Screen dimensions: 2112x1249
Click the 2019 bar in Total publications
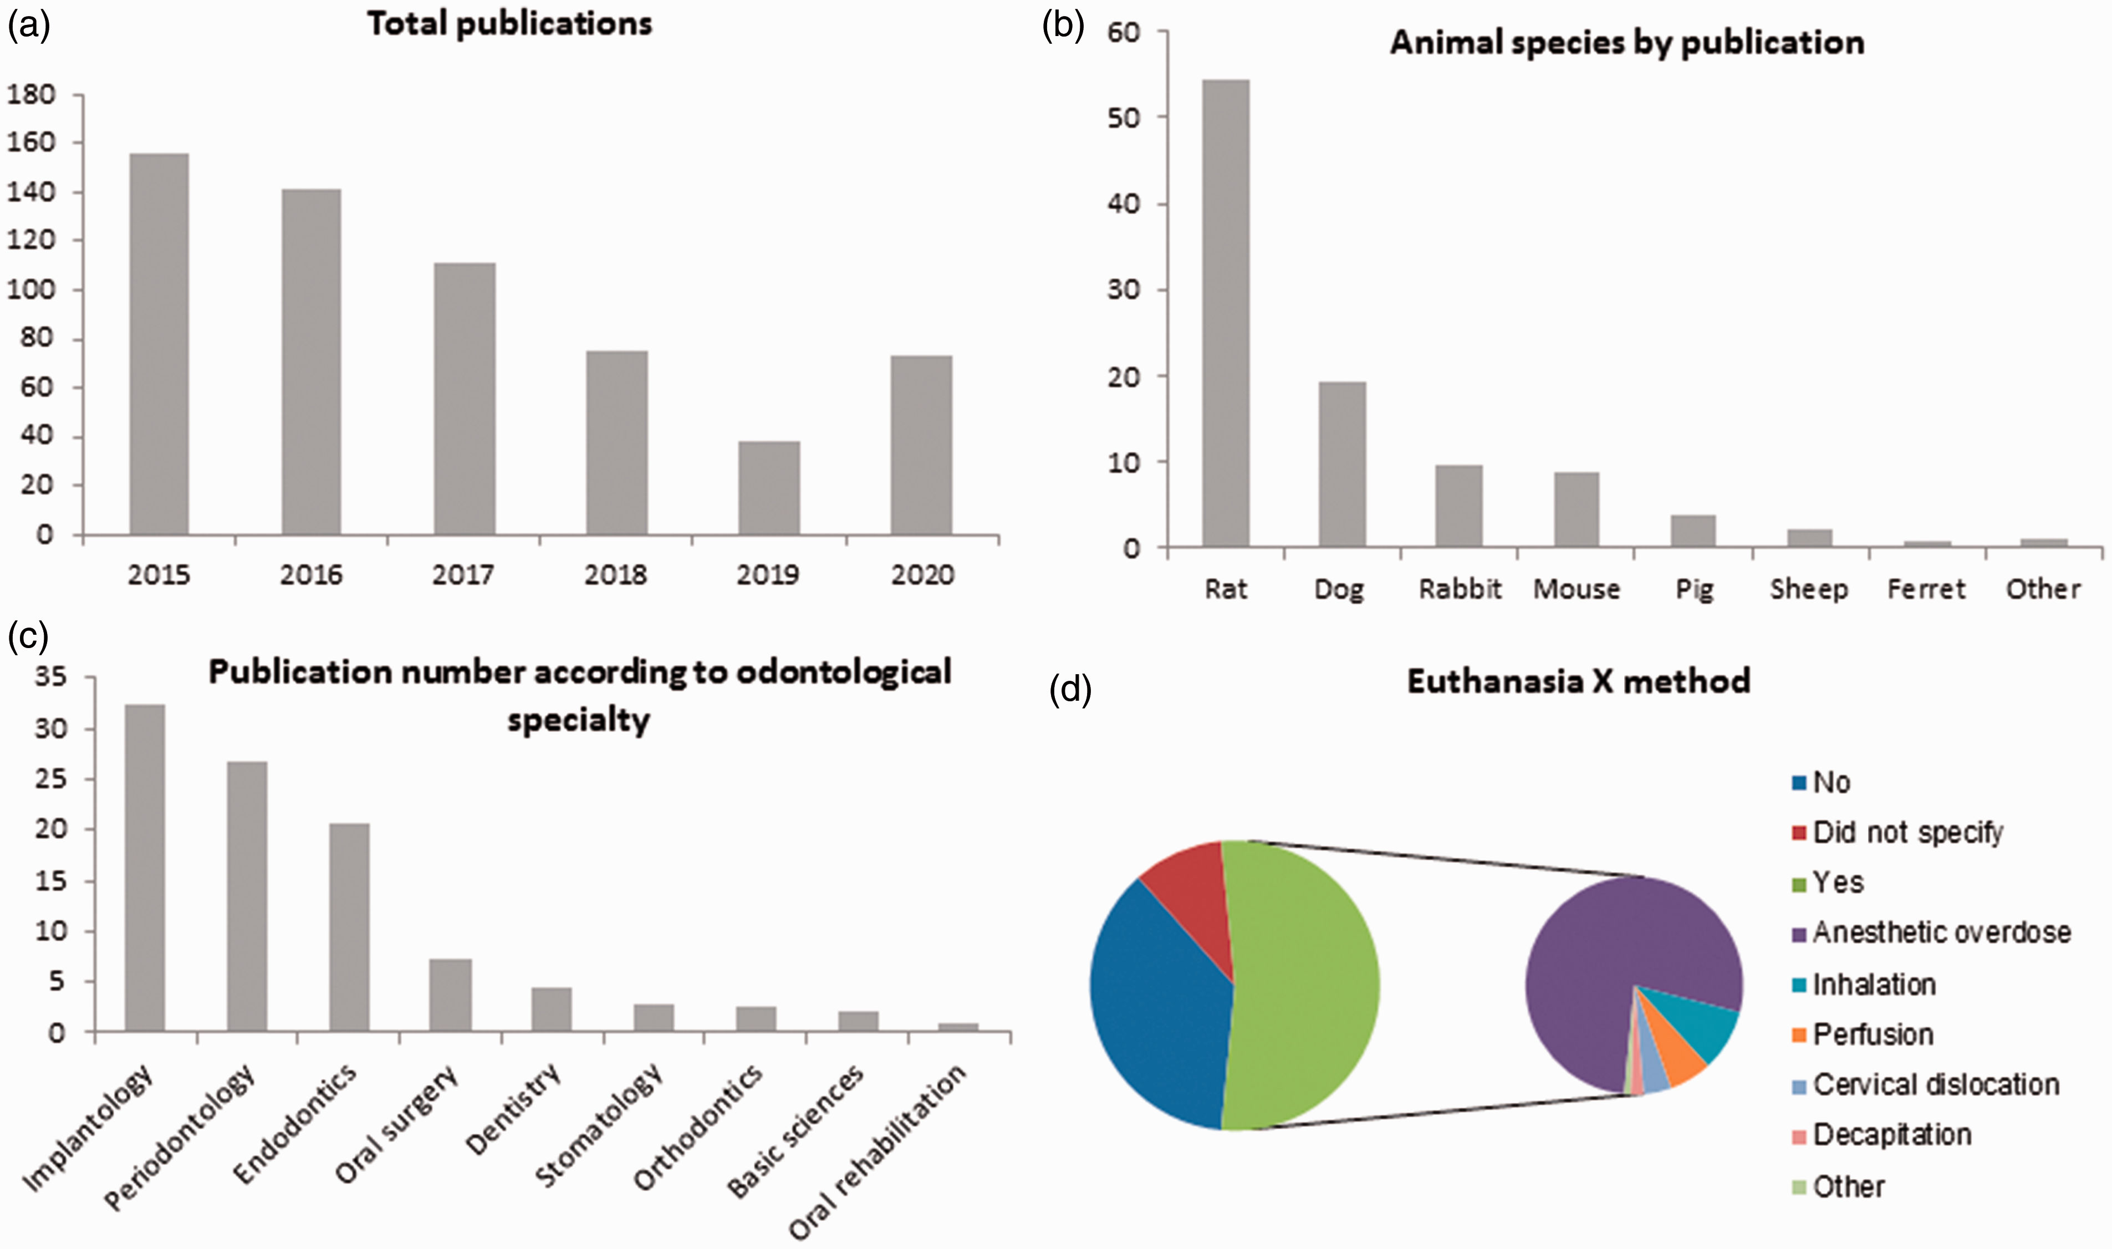pos(769,488)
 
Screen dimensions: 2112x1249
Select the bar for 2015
pos(159,344)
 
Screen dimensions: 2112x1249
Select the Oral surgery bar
pos(450,996)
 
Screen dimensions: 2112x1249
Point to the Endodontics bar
pos(349,927)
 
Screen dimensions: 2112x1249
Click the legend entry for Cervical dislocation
pos(1926,1085)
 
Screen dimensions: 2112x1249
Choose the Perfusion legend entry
pos(1863,1034)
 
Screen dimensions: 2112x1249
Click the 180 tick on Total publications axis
pos(32,94)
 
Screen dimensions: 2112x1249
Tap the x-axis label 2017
pos(463,575)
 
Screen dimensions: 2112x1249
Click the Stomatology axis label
pos(599,1125)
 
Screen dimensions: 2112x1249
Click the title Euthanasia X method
pos(1579,681)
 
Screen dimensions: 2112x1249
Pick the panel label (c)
pos(29,637)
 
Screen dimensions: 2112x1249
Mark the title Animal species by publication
pos(1626,42)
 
